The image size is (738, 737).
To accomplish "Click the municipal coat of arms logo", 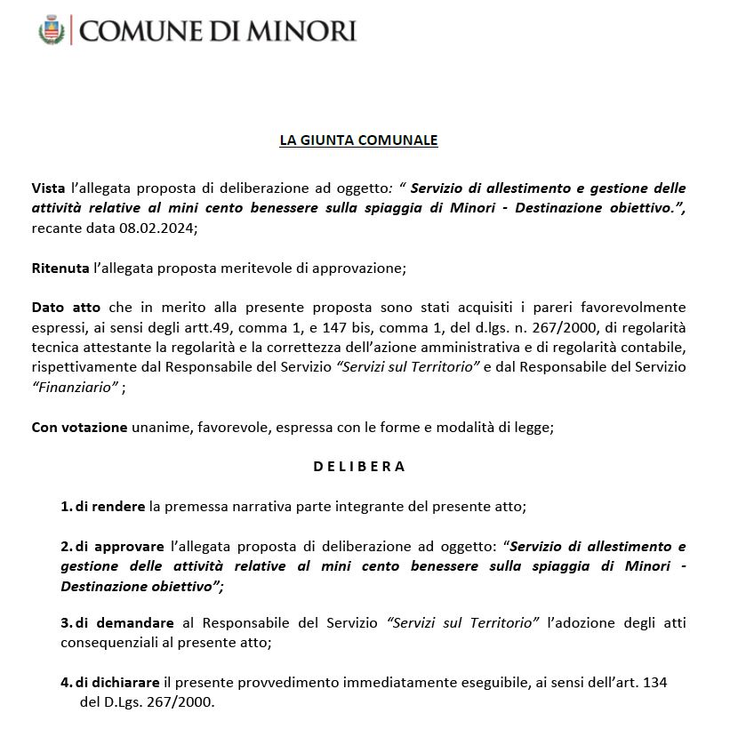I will [x=52, y=31].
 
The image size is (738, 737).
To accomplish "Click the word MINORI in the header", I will [x=295, y=31].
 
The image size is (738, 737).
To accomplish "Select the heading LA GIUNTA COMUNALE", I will [x=358, y=140].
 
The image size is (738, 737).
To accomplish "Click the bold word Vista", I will [x=48, y=188].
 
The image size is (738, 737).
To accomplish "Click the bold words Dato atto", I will [x=65, y=307].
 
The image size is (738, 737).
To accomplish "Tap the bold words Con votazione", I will [x=79, y=427].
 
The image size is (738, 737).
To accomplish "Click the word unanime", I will [x=160, y=427].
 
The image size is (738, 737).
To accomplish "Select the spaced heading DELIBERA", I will [x=359, y=466].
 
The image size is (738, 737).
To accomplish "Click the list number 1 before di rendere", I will [x=65, y=507].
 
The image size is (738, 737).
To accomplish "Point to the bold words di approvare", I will [x=119, y=546].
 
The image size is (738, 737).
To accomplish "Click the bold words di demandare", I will [x=123, y=623].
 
